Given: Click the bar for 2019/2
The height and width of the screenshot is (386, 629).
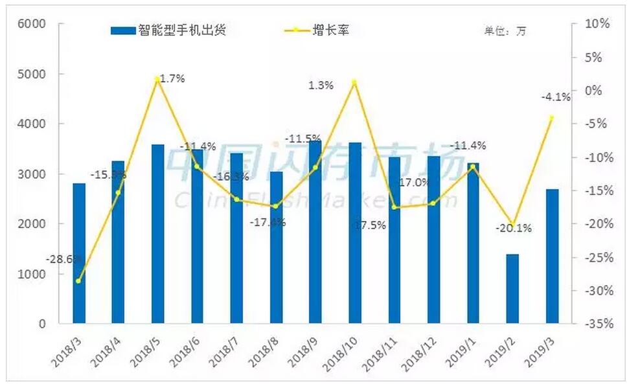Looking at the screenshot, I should (512, 289).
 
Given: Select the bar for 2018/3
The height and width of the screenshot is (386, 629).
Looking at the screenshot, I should (79, 253).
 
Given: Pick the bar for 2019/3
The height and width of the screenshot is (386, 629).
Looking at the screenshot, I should (552, 256).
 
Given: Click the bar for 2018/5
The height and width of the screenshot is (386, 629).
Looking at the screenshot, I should (157, 234).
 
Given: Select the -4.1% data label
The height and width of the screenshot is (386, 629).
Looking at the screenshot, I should (556, 98).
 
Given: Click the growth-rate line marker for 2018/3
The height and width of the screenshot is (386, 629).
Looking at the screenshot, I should (78, 281).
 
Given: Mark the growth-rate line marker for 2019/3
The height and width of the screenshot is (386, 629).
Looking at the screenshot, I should (552, 118).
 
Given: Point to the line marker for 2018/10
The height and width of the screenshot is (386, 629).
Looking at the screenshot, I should (354, 82).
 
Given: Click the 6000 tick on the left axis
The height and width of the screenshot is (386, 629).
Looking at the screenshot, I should (32, 24).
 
